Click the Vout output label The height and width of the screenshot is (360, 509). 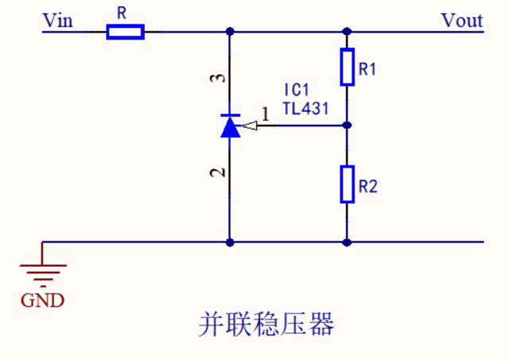tap(462, 20)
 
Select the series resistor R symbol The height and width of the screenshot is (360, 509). tap(126, 32)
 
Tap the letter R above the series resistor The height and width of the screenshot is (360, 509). tap(122, 13)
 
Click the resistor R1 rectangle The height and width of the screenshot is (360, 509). tap(347, 67)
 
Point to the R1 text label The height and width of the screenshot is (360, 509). tap(367, 70)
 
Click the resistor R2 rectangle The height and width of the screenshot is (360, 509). tap(347, 184)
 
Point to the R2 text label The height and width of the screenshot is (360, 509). tap(367, 188)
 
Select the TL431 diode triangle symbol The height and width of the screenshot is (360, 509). tap(230, 126)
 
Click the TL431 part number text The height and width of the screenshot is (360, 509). tap(305, 108)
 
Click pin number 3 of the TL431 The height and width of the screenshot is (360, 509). tap(223, 78)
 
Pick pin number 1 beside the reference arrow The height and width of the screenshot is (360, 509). tap(265, 114)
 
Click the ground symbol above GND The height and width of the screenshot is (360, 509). tap(43, 273)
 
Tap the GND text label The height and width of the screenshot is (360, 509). tap(43, 300)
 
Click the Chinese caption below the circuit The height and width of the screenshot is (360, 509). tap(266, 325)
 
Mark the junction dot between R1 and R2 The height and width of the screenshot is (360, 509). tap(347, 125)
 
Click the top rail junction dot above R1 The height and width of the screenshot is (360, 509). tap(347, 32)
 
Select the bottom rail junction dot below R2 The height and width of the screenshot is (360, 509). tap(347, 242)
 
